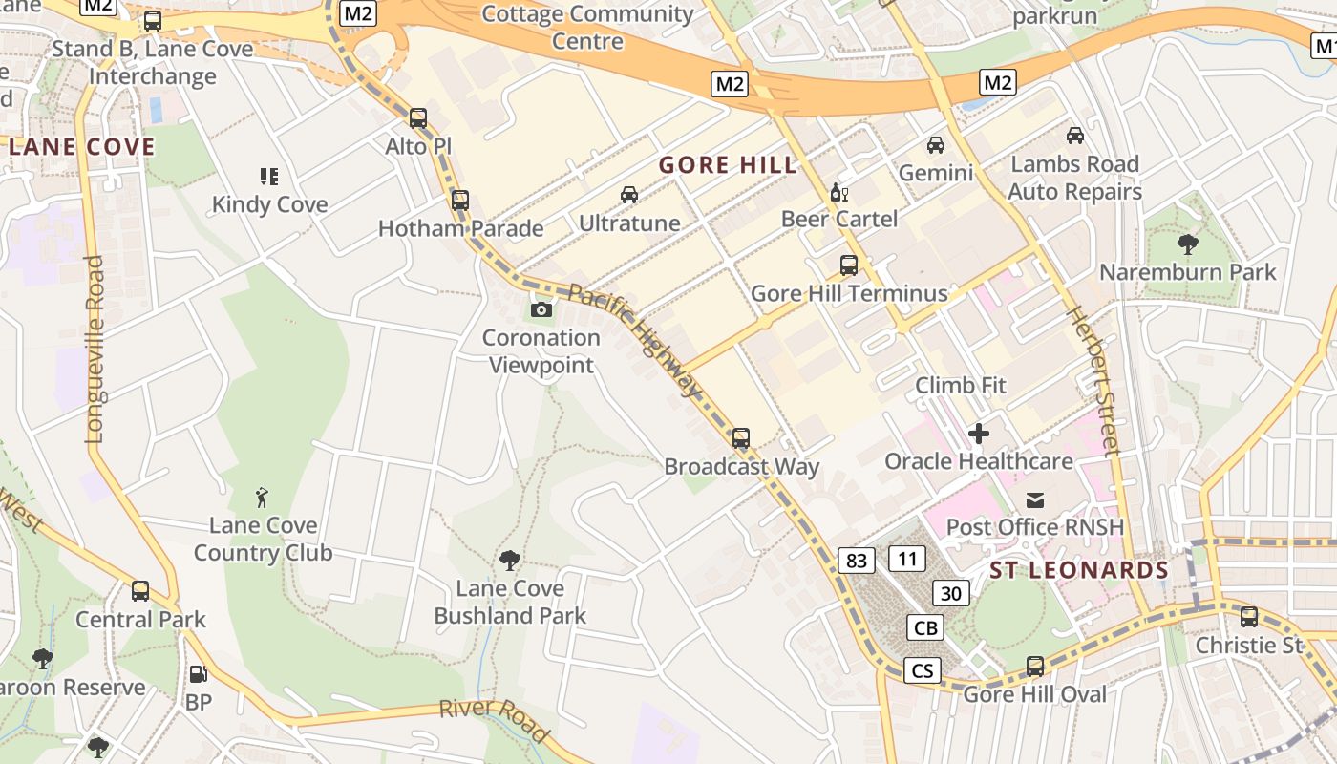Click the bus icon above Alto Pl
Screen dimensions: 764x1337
418,118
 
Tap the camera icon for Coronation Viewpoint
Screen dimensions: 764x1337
541,309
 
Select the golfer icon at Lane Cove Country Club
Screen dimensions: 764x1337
263,497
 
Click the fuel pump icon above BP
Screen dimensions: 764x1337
198,674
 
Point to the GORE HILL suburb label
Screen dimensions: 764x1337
728,165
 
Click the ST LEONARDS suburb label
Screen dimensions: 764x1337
1079,571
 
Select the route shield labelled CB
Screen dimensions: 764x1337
925,627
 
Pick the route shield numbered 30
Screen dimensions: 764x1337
950,593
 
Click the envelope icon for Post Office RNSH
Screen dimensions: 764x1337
1035,499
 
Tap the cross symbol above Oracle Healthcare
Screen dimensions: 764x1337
979,434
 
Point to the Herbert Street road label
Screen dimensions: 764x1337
1091,381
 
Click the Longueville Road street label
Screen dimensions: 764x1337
94,349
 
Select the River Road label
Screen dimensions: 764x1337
494,718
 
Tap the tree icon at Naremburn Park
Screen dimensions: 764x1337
1188,244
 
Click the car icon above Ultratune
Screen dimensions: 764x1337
629,195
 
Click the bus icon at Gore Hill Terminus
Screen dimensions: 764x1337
849,265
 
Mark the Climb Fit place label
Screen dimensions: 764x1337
961,386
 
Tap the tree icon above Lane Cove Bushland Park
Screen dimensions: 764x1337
510,560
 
